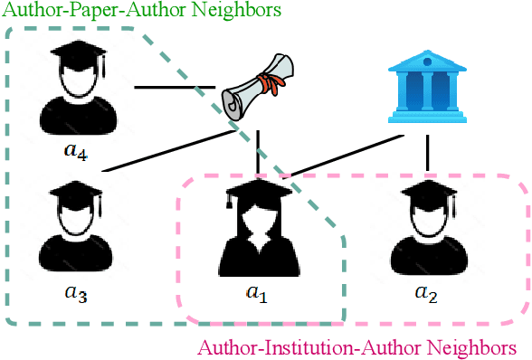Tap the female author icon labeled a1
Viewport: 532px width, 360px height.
pos(260,227)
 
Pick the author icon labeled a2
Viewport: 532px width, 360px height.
pos(425,227)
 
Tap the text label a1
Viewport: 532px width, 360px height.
pos(260,293)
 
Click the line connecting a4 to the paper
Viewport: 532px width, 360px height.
pos(176,88)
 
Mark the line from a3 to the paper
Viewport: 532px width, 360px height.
pos(163,149)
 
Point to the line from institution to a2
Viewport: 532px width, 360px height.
pos(425,153)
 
